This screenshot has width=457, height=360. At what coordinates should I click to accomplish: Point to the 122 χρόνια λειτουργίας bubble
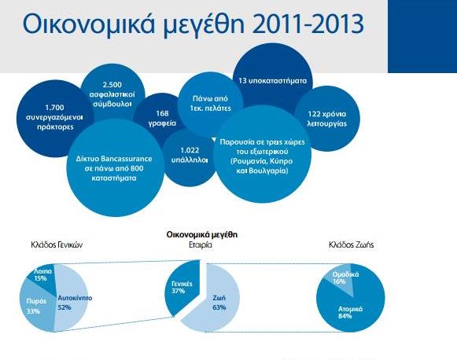click(x=327, y=119)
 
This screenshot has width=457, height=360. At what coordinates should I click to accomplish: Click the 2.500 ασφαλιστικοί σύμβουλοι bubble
click(x=112, y=94)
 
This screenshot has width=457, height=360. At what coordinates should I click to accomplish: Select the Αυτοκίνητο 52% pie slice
click(x=72, y=300)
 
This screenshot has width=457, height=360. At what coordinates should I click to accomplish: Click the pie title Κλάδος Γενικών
click(x=57, y=245)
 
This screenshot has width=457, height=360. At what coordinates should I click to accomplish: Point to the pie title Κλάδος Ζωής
click(x=351, y=245)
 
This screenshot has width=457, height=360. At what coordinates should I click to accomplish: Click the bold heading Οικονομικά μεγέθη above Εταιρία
click(x=202, y=235)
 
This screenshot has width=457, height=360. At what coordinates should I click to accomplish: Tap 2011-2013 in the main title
click(x=308, y=24)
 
